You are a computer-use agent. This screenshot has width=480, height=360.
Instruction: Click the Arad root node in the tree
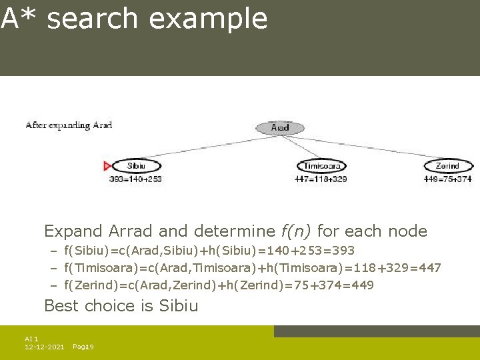pos(280,127)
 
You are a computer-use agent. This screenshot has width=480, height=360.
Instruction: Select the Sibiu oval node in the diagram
pos(135,166)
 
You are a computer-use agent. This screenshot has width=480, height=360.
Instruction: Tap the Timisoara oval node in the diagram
pos(322,166)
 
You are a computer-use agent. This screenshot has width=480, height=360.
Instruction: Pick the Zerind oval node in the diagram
pos(448,166)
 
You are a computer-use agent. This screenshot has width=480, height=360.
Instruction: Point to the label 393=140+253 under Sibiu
pos(135,179)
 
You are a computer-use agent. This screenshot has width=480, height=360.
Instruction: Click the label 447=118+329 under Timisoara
pos(321,179)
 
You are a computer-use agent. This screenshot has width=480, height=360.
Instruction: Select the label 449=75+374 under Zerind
pos(447,179)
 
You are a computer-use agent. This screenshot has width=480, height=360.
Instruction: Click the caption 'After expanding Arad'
pos(69,125)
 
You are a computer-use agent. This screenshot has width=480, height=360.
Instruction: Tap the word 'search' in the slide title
pos(93,19)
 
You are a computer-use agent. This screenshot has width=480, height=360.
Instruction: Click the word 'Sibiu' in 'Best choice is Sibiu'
pos(179,306)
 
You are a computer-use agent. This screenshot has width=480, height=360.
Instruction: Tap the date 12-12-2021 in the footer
pos(44,347)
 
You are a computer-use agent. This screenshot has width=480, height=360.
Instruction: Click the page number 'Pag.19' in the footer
pos(83,347)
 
